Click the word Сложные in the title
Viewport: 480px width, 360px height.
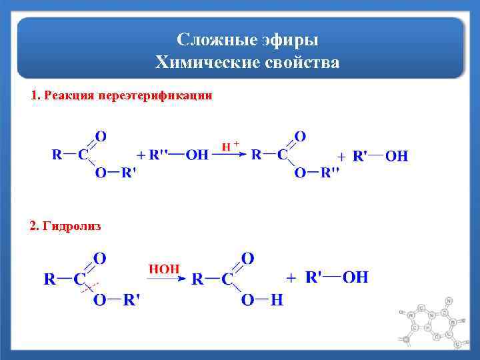211,41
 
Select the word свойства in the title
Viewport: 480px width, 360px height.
302,63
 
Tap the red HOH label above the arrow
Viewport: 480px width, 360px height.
164,269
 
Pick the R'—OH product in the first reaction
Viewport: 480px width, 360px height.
379,156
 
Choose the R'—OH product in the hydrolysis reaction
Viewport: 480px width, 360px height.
337,277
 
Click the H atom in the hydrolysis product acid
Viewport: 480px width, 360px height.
276,301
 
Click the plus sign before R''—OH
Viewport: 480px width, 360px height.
141,156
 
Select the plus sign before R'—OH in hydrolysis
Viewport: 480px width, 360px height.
291,277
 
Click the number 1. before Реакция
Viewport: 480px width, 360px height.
35,96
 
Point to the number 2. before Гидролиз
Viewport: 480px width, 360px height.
35,227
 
